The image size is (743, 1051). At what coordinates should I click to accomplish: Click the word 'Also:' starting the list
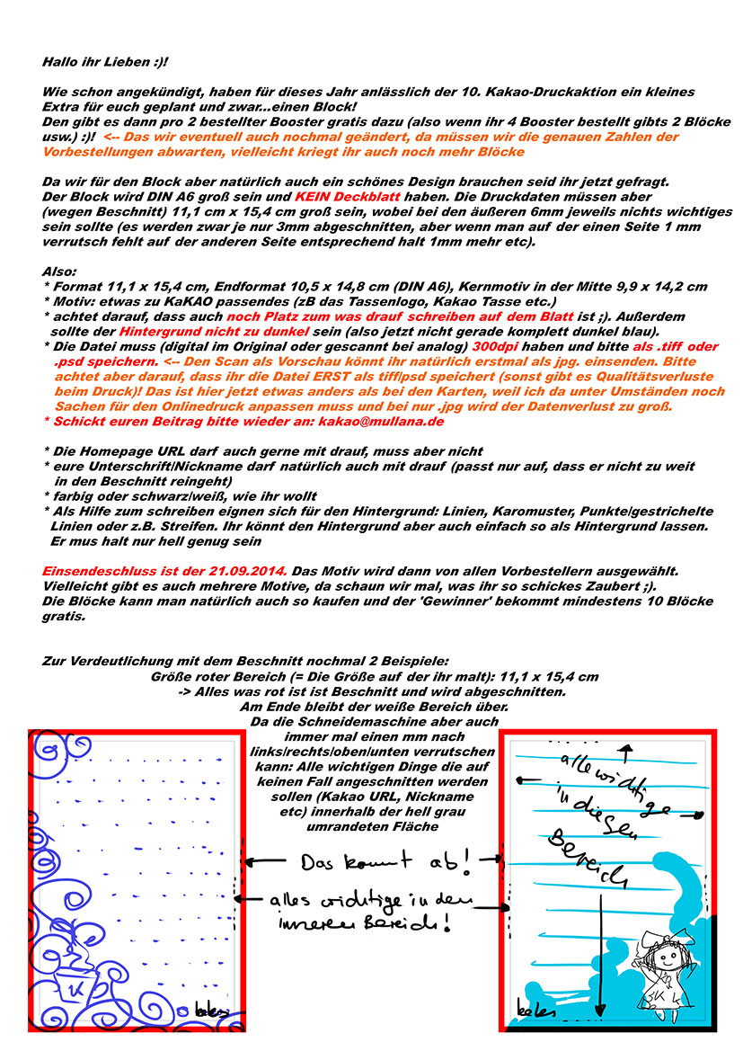[60, 271]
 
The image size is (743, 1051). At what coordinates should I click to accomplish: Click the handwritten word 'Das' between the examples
[319, 862]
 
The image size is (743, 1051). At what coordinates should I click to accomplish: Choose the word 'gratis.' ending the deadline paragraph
[63, 616]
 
